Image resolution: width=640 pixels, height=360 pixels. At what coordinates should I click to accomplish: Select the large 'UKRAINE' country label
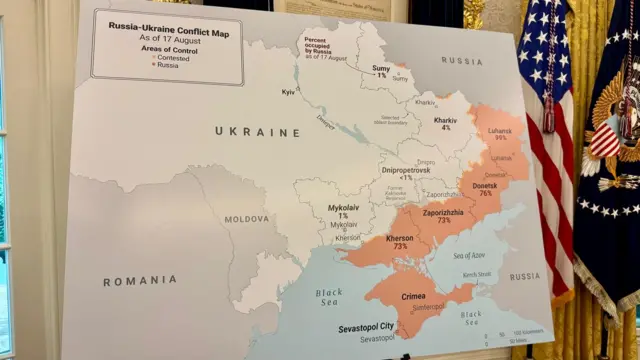pos(257,132)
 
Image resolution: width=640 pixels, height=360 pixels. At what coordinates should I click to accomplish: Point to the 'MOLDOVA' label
pos(246,218)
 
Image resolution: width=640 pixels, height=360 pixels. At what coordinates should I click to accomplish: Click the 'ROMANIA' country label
pos(133,282)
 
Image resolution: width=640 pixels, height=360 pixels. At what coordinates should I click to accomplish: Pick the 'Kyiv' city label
pos(289,92)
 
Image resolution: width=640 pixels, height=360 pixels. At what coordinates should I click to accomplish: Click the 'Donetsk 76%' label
pos(485,189)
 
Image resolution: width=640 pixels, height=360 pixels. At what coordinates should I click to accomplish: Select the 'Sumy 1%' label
pos(381,71)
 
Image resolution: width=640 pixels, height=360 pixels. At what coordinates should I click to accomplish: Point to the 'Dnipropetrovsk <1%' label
pos(405,174)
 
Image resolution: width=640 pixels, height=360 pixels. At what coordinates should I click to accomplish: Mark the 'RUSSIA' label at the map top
pos(461,61)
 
